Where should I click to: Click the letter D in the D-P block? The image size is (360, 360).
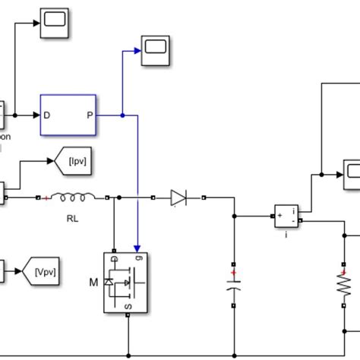pos(47,116)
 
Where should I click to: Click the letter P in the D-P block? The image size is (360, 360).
pos(90,116)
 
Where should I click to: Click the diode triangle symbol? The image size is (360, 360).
pos(178,199)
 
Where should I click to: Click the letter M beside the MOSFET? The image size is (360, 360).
pos(94,283)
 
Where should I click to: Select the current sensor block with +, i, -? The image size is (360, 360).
pos(287,216)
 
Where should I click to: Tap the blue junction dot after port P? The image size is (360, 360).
pos(122,116)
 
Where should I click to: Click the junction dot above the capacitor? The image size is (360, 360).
pos(234,216)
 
